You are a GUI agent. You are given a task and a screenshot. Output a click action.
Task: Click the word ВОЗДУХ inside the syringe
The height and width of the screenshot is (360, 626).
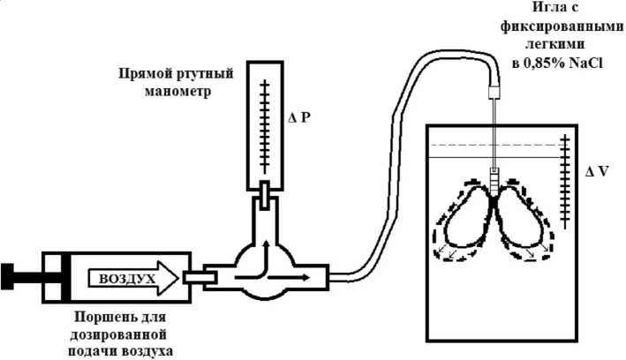[x=127, y=280]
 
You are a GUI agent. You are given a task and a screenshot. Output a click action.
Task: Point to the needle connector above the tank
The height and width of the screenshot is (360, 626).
[x=495, y=90]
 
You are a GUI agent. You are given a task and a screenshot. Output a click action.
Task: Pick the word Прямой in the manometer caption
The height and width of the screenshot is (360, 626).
[x=143, y=71]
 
